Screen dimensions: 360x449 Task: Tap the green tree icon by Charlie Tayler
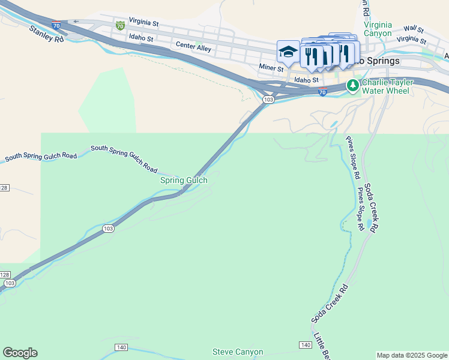click(353, 86)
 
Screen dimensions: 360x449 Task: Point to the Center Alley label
click(193, 46)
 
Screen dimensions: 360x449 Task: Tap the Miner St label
click(271, 68)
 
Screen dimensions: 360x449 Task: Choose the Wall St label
click(414, 29)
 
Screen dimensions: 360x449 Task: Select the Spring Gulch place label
click(184, 180)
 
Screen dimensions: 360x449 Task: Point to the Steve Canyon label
click(238, 352)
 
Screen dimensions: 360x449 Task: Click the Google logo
click(20, 353)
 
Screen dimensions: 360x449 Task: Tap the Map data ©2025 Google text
click(412, 355)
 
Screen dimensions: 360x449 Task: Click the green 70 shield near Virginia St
click(121, 25)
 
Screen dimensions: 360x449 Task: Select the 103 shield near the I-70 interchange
click(268, 99)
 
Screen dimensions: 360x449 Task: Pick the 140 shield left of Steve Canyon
click(122, 347)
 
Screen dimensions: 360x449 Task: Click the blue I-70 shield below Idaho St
click(322, 92)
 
